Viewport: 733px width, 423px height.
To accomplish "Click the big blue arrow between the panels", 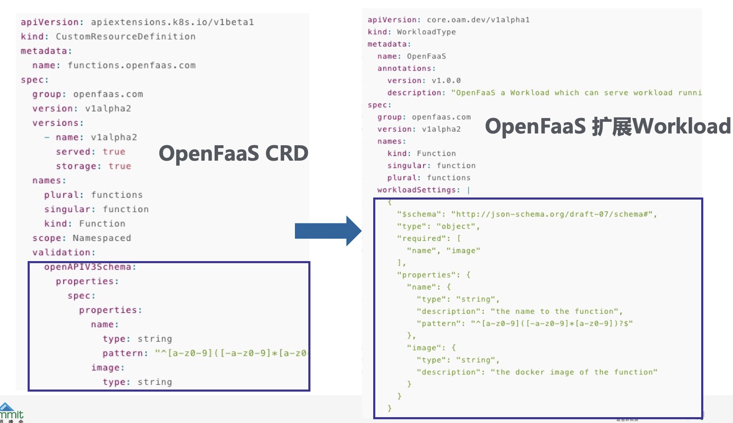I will point(328,231).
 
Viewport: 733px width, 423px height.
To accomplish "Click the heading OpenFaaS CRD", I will point(233,154).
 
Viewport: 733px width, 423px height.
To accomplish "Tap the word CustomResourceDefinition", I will point(126,37).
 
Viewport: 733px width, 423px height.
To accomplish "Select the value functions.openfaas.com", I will point(131,66).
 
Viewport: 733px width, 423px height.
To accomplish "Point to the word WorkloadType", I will point(426,32).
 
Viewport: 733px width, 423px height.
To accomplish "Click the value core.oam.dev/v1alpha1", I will point(478,20).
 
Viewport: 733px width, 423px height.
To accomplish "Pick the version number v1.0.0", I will point(446,81).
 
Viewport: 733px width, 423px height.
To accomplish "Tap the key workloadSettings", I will point(416,190).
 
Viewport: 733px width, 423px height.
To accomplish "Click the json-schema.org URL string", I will point(551,215).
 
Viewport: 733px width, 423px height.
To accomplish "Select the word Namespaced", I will point(102,238).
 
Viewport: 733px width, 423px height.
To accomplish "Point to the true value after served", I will point(114,152).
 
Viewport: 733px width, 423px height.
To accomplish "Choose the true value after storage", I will point(120,167).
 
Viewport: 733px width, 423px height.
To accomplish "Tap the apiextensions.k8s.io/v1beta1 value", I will point(172,22).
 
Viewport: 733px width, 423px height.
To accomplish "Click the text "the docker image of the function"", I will point(574,372).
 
